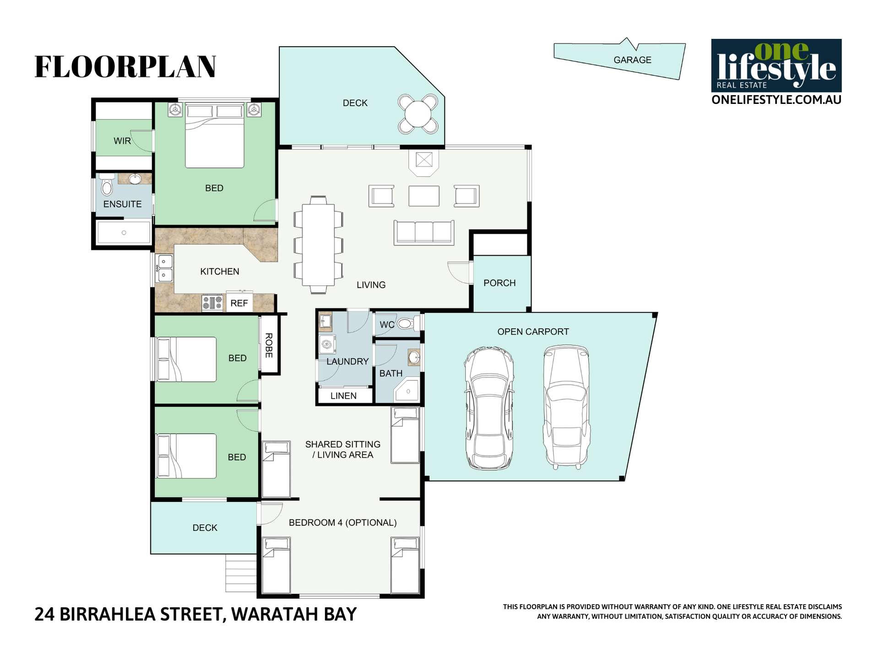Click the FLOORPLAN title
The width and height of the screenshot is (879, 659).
[125, 67]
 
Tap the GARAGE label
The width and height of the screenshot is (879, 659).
[632, 60]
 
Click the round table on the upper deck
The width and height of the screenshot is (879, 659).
[418, 114]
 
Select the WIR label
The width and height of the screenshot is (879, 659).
[122, 141]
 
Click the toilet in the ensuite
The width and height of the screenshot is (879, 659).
[107, 185]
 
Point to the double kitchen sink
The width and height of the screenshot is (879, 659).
[164, 268]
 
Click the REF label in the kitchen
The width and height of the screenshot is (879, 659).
[239, 303]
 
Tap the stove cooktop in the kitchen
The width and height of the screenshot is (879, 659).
[212, 302]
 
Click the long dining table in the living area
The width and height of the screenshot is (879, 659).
[318, 245]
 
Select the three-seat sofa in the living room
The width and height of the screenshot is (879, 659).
[424, 232]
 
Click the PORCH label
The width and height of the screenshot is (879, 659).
[499, 283]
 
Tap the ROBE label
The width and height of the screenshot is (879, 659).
[269, 345]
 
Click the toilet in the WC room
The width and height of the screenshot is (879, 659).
[405, 324]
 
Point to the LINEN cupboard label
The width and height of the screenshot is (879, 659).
[343, 396]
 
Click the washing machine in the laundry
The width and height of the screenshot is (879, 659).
[327, 344]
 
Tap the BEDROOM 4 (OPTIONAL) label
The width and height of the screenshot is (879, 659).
[342, 523]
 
